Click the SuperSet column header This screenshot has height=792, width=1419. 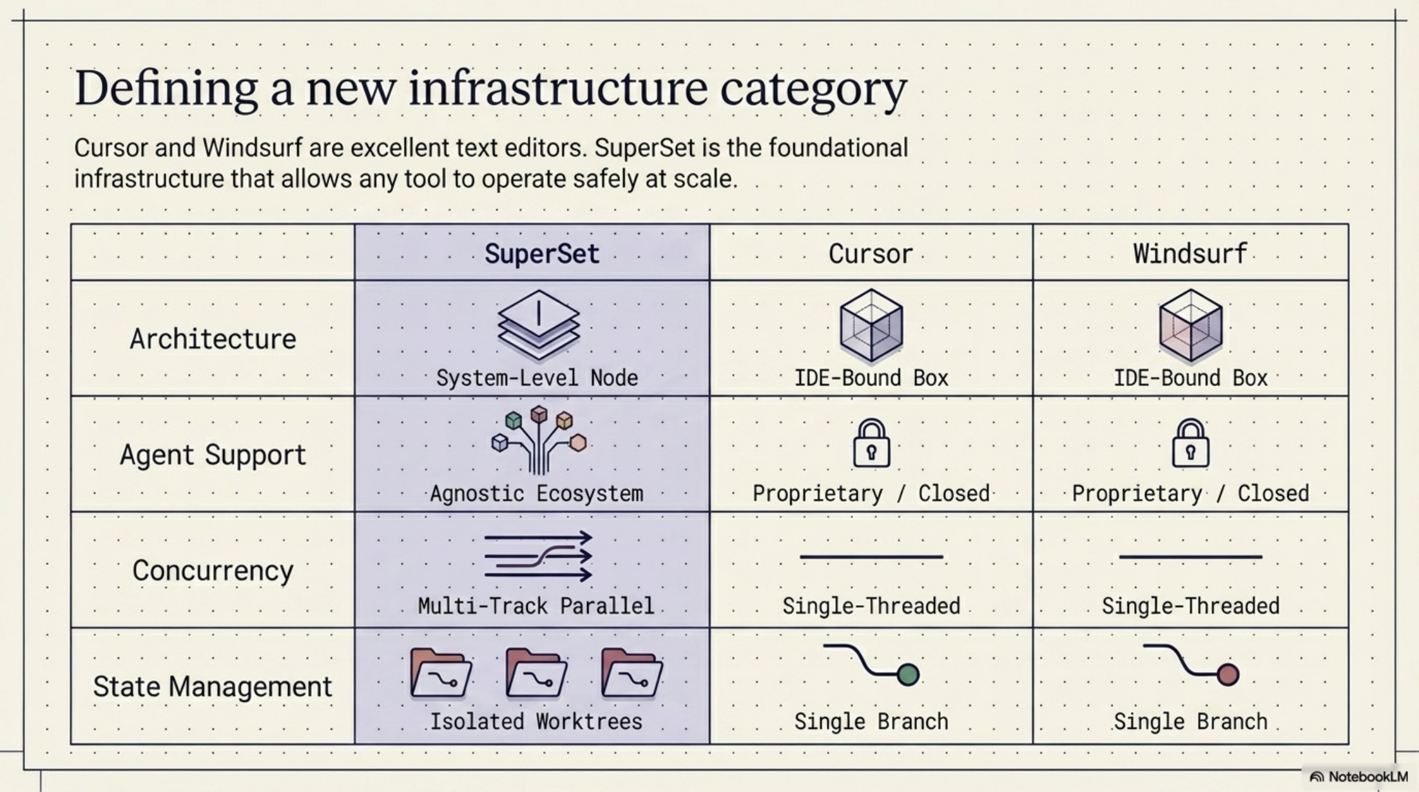541,253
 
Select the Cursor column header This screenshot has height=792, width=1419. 871,253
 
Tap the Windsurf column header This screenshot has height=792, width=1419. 1190,253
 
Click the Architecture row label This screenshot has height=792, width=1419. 213,339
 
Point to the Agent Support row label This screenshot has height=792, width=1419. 213,455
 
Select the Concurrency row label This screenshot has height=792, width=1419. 213,570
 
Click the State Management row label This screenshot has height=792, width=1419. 213,686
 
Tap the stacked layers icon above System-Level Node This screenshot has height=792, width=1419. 538,324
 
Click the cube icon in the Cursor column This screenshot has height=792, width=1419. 871,324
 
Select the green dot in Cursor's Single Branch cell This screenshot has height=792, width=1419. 908,675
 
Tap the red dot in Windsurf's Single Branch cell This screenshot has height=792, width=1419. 1228,675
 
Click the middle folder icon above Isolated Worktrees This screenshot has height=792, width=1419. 536,673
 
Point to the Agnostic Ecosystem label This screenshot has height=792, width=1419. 536,494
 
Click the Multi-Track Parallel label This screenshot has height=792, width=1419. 536,606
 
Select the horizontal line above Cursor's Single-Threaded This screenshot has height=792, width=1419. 871,557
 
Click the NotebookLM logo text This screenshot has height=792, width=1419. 1367,777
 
